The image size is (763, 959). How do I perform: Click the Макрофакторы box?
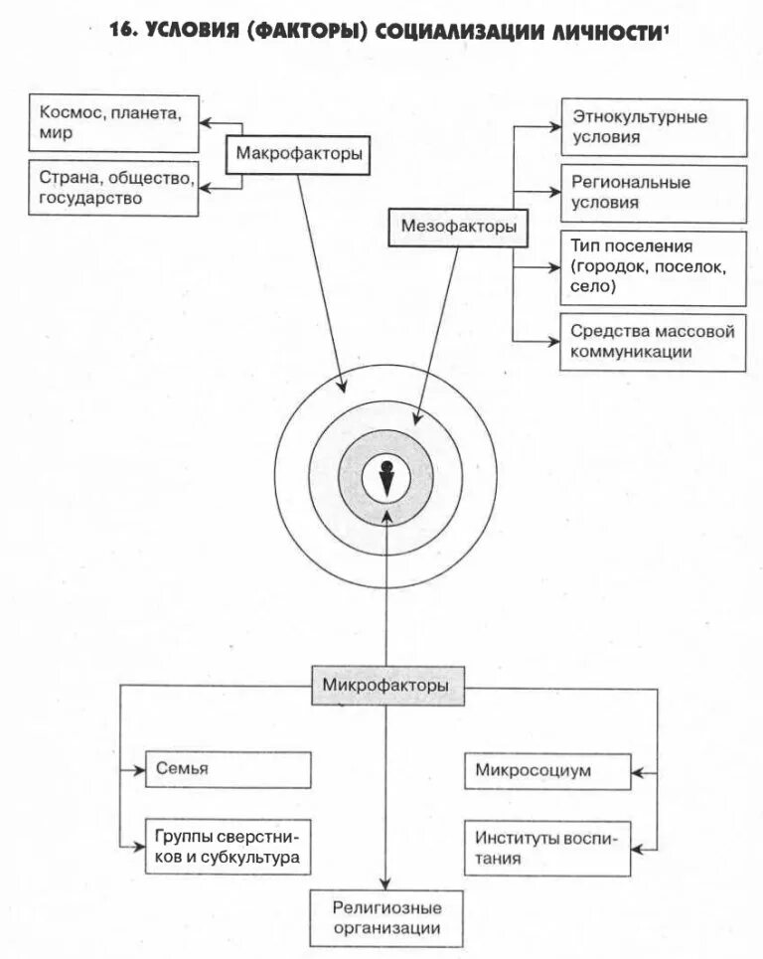coord(297,155)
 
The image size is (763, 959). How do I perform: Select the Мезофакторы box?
coord(458,228)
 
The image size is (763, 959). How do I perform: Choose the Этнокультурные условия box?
coord(653,127)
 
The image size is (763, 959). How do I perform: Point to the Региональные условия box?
coord(653,194)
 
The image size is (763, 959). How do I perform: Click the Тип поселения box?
coord(653,268)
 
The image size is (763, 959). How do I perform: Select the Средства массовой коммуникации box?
coord(653,342)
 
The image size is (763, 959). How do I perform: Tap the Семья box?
coord(228,770)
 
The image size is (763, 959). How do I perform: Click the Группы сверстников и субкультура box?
coord(228,847)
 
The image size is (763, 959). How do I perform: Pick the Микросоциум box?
coord(546,770)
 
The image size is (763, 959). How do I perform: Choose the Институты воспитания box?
coord(546,847)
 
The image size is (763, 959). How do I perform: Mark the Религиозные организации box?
coord(386,918)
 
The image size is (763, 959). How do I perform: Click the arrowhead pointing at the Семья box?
coord(139,769)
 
